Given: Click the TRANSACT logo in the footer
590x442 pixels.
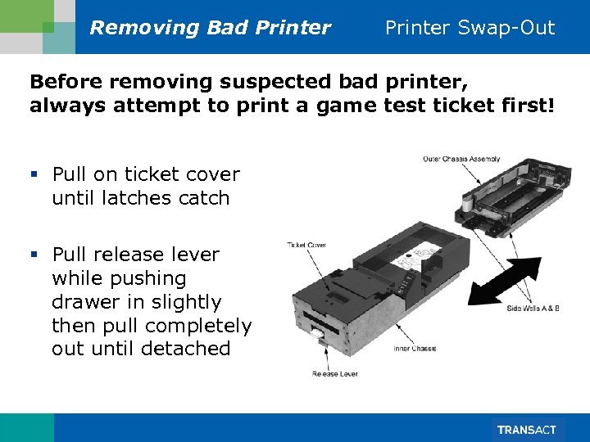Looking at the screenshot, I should coord(526,430).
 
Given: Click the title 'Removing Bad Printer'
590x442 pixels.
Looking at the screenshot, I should coord(210,28).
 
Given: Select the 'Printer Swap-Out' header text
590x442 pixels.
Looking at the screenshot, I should coord(470,28).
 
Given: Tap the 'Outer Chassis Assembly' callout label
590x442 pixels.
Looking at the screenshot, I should coord(461,159).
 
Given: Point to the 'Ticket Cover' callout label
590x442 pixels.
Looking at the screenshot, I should coord(306,245).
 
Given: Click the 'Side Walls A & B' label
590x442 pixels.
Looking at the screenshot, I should coord(533,308).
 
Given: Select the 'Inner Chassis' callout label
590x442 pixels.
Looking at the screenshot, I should coord(414,349).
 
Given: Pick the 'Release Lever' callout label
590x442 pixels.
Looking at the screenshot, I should coord(335,374).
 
